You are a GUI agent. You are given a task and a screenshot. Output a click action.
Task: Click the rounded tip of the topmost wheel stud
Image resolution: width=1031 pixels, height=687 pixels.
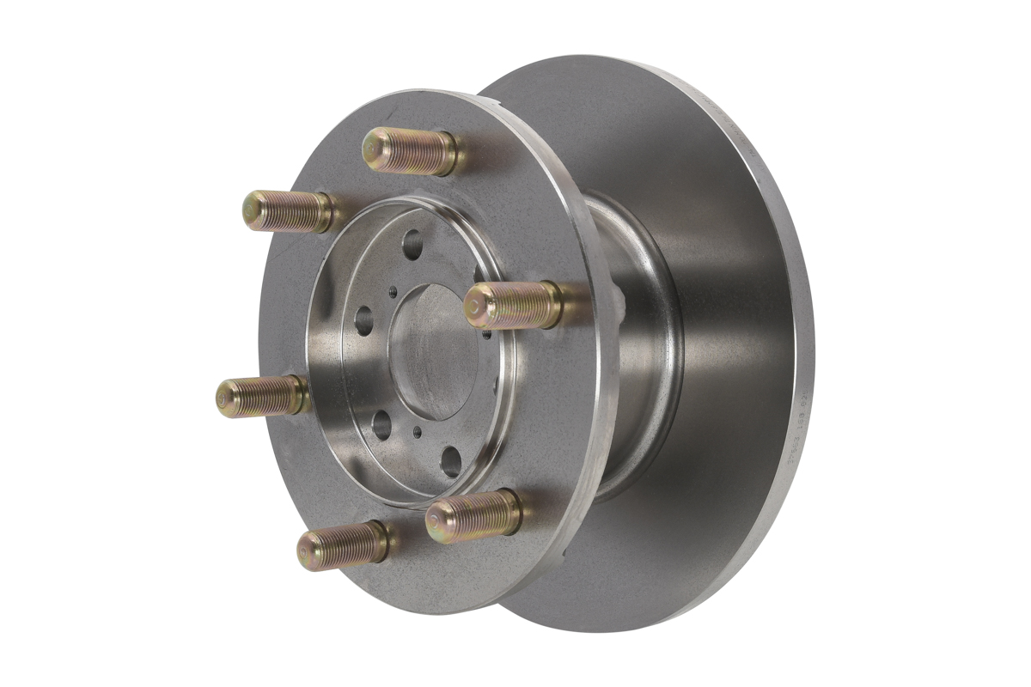click(372, 149)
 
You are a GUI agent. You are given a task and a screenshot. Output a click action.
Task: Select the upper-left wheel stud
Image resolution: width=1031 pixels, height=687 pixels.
click(288, 211)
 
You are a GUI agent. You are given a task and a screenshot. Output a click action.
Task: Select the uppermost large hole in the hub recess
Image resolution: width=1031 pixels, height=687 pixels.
click(412, 244)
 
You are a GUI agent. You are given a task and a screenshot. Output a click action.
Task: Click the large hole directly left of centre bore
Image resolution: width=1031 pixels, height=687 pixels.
click(363, 320)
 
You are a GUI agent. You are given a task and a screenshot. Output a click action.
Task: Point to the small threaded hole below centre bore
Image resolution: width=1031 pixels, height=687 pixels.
click(418, 432)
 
